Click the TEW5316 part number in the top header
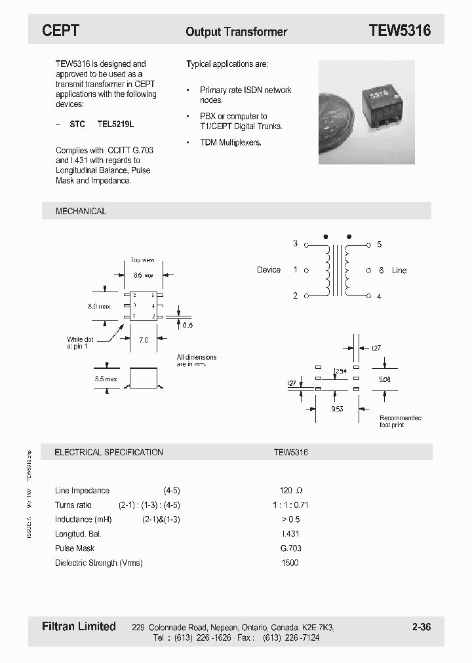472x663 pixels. pos(399,31)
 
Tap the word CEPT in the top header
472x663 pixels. pos(61,31)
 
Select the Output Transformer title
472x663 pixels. pos(236,31)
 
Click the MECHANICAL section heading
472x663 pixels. pos(81,211)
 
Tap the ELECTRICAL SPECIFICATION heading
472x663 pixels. pos(108,452)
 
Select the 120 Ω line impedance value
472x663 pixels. pos(290,491)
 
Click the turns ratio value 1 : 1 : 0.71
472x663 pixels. pos(290,505)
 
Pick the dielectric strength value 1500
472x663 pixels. pos(289,563)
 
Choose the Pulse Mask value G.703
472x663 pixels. pos(290,548)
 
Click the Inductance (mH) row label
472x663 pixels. pos(83,520)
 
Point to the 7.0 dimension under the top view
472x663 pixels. pos(144,340)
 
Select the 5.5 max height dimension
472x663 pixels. pos(105,379)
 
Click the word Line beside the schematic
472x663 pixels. pos(399,271)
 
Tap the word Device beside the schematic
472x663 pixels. pos(269,270)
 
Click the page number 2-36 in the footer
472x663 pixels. pos(422,627)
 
